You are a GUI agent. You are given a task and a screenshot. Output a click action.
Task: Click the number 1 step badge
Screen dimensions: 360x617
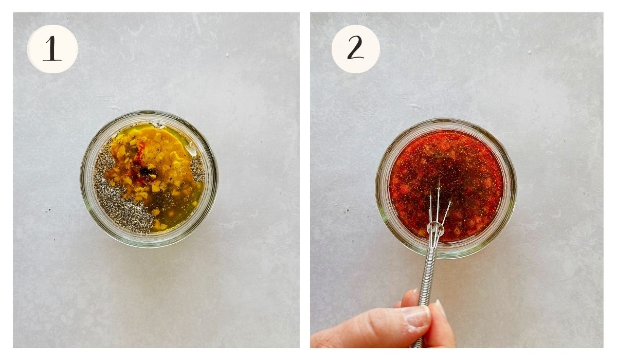point(52,49)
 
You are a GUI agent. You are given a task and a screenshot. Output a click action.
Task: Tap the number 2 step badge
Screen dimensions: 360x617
point(355,49)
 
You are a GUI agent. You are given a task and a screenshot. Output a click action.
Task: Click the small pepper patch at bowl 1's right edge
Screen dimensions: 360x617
point(197,168)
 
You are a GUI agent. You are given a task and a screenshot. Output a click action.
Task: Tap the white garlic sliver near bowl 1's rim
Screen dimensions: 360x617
point(191,149)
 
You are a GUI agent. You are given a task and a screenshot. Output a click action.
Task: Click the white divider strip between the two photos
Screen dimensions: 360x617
point(304,180)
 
